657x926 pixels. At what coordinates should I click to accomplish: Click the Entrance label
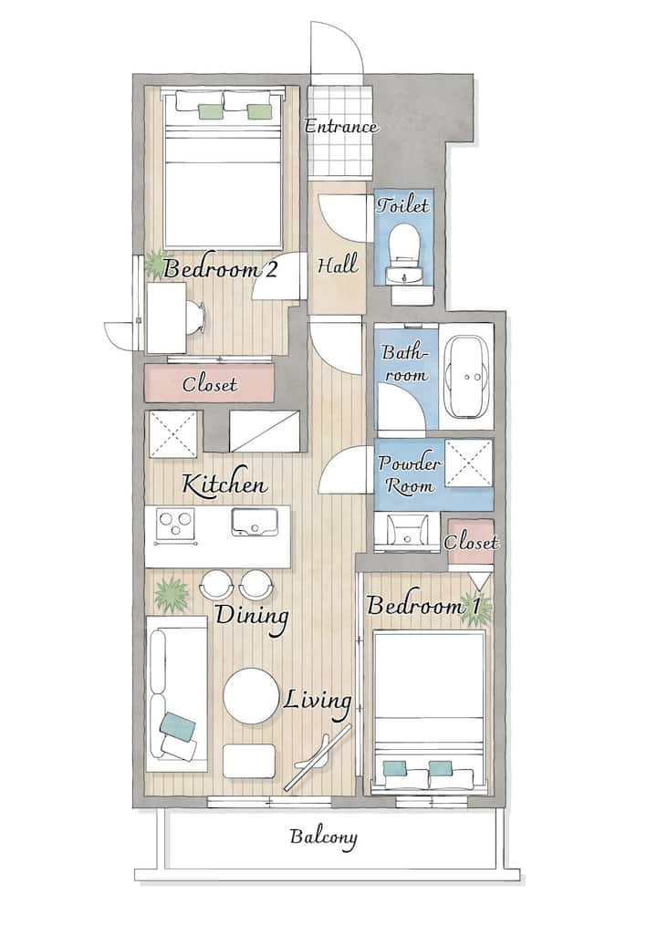pyautogui.click(x=341, y=127)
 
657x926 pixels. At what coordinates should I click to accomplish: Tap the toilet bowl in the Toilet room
pyautogui.click(x=405, y=242)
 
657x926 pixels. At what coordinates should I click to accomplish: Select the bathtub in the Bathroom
pyautogui.click(x=467, y=376)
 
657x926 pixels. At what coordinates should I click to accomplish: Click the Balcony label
pyautogui.click(x=323, y=838)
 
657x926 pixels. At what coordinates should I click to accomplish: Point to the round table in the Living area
pyautogui.click(x=251, y=696)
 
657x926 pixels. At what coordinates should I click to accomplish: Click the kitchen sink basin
pyautogui.click(x=255, y=522)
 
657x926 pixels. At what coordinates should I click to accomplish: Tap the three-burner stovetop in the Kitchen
pyautogui.click(x=175, y=525)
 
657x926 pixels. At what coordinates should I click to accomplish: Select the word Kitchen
pyautogui.click(x=224, y=484)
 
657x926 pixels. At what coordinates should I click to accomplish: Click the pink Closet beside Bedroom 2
pyautogui.click(x=210, y=383)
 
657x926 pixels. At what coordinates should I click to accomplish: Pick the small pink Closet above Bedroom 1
pyautogui.click(x=471, y=542)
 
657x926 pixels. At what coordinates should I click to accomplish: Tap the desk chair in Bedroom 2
pyautogui.click(x=195, y=317)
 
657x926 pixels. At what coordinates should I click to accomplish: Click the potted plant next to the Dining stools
pyautogui.click(x=172, y=594)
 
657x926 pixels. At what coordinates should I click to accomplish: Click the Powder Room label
pyautogui.click(x=409, y=474)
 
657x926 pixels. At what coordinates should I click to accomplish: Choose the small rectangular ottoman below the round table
pyautogui.click(x=249, y=761)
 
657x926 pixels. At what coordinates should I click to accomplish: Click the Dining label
pyautogui.click(x=252, y=617)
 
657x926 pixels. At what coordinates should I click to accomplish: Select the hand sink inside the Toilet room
pyautogui.click(x=405, y=276)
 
